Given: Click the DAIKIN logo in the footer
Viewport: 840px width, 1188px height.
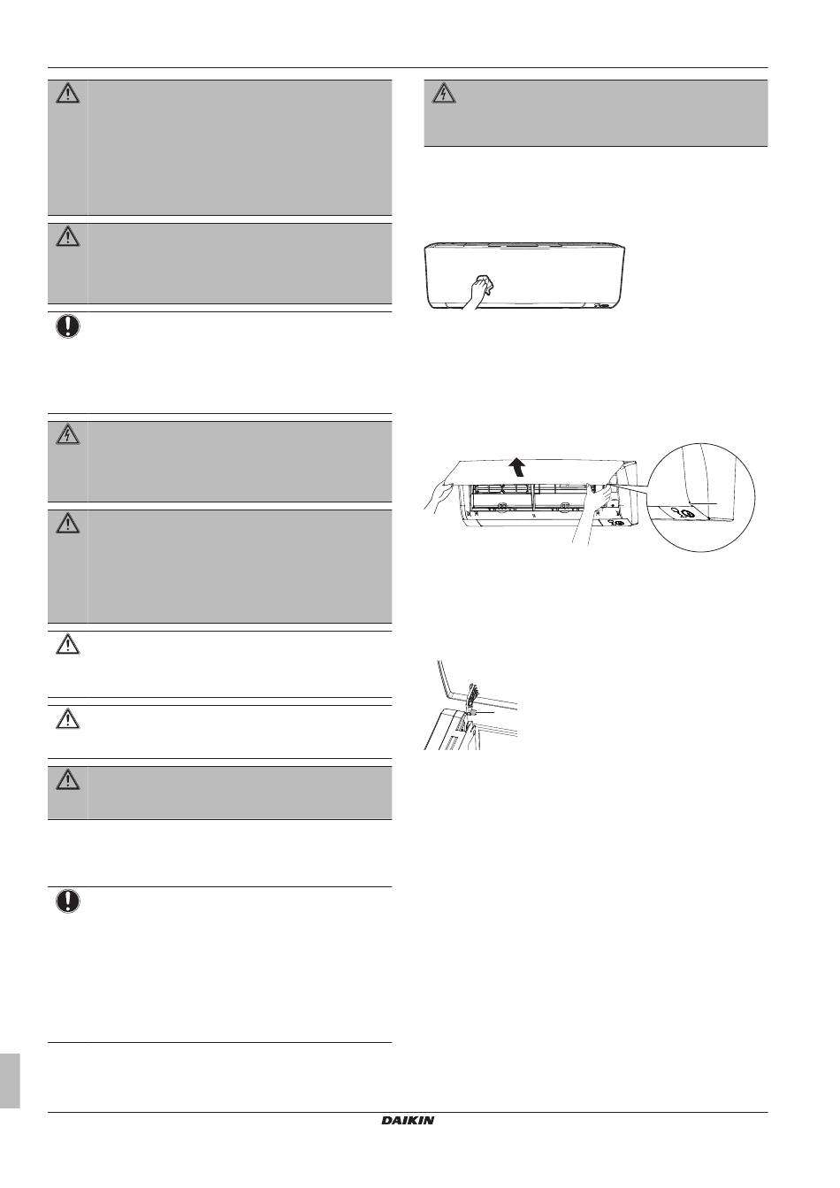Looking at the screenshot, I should click(x=408, y=1120).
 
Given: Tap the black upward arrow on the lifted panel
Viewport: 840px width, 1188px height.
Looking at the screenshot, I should click(x=529, y=465).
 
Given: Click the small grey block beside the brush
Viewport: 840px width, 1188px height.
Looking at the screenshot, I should click(x=475, y=710).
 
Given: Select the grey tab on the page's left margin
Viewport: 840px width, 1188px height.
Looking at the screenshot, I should click(x=10, y=1079).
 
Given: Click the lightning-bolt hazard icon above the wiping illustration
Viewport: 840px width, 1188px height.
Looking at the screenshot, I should click(x=443, y=93).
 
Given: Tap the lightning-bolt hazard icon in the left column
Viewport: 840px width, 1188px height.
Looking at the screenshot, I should click(x=68, y=433).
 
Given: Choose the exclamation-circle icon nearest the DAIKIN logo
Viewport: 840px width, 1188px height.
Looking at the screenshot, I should click(x=68, y=901).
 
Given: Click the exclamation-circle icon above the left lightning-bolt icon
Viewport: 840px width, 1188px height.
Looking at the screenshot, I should click(x=68, y=326).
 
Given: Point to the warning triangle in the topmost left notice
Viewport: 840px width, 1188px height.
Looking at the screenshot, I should click(x=68, y=93).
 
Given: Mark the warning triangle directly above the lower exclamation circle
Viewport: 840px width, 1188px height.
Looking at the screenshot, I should click(x=68, y=779).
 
